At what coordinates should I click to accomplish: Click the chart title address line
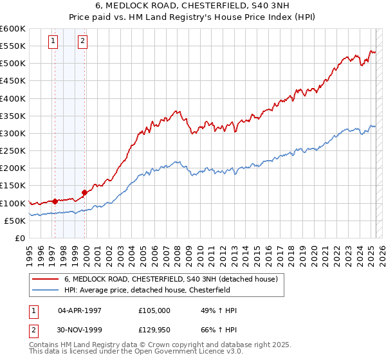[192, 7]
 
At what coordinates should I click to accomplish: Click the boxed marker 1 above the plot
[53, 42]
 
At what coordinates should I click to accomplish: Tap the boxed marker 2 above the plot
[84, 42]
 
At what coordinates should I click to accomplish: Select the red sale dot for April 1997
[55, 201]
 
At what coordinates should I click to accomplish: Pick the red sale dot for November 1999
[84, 192]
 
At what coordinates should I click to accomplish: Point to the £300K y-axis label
[13, 133]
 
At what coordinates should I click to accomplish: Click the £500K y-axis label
[13, 64]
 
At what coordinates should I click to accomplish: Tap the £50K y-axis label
[15, 221]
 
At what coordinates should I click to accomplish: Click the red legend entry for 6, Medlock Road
[170, 279]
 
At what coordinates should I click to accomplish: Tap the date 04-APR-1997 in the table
[80, 310]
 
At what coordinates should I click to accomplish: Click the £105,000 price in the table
[154, 310]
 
